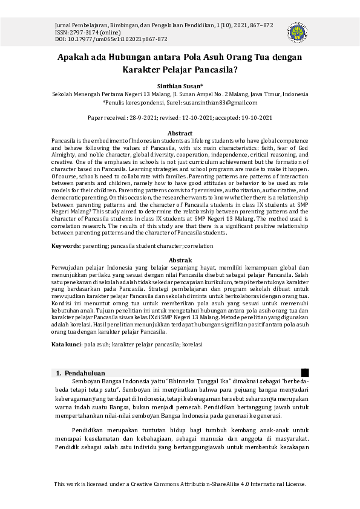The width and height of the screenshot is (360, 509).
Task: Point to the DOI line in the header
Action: point(103,39)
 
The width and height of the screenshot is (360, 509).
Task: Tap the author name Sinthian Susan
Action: point(179,86)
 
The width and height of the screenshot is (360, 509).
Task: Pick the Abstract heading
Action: point(180,133)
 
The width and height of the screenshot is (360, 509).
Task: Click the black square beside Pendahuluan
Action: point(305,372)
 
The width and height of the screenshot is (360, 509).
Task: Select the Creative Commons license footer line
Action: point(180,484)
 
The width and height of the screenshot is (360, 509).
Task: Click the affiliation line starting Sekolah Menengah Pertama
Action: point(180,95)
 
